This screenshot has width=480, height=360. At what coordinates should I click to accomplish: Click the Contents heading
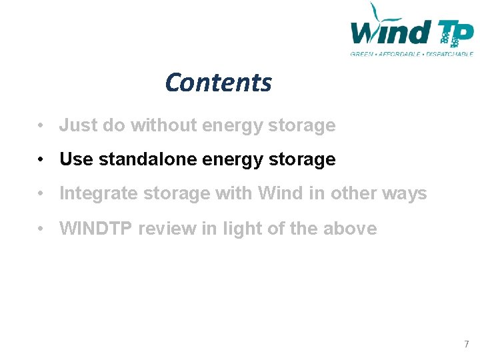(218, 83)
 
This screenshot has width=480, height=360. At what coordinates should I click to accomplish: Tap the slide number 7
(466, 344)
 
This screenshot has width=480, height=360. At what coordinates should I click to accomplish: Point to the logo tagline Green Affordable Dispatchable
(411, 53)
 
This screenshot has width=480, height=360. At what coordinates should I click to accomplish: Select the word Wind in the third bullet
(279, 194)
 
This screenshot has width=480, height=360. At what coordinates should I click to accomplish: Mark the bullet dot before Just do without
(41, 126)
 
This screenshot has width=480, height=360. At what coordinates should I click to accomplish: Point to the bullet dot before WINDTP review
(41, 229)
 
